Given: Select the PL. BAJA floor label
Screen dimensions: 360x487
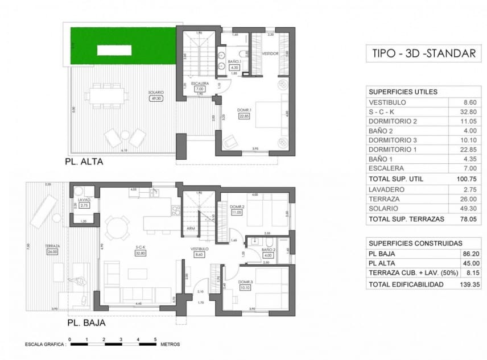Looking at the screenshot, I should click(86, 322).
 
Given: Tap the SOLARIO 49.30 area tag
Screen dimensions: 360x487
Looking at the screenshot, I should click(156, 98).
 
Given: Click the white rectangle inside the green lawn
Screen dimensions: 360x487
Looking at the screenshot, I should click(114, 50).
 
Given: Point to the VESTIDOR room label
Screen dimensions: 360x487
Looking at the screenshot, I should click(270, 53).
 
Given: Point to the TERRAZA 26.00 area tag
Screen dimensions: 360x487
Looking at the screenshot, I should click(53, 252).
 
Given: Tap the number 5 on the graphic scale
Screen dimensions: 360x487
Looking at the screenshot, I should click(155, 339).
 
